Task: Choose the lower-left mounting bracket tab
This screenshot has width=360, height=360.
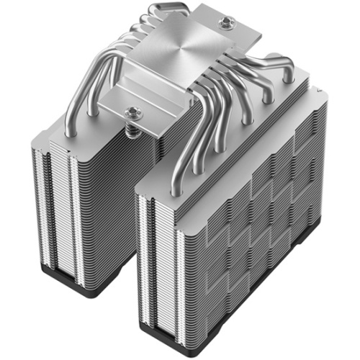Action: [x=122, y=108]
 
